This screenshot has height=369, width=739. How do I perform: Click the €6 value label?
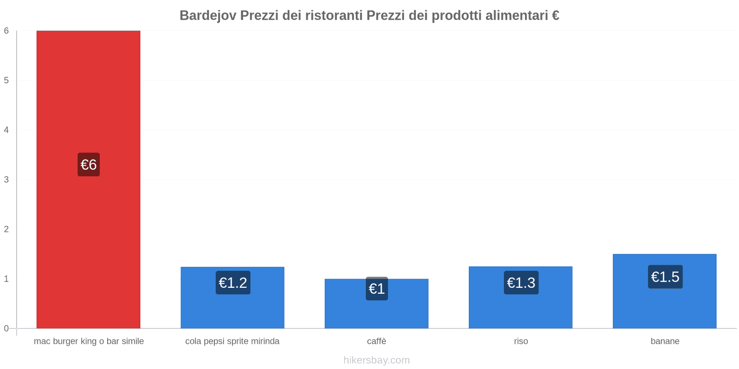88,165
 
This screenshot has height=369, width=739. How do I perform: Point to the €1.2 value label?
233,282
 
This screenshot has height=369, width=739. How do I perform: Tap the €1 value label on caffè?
376,289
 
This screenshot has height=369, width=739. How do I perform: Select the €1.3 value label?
521,282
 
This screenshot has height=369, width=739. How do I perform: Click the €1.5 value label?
665,277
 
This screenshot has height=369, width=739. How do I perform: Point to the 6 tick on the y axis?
6,31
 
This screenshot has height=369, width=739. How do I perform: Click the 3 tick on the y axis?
6,179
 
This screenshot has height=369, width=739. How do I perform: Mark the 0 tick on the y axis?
6,328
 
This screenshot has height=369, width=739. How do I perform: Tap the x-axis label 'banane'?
665,341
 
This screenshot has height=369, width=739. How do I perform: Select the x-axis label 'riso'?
521,341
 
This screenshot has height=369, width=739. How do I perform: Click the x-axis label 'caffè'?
376,341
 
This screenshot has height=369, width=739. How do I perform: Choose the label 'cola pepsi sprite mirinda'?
232,341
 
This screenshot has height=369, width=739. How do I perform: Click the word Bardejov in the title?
208,16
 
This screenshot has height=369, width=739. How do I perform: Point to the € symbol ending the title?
555,16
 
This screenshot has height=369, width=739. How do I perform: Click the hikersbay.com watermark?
376,360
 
